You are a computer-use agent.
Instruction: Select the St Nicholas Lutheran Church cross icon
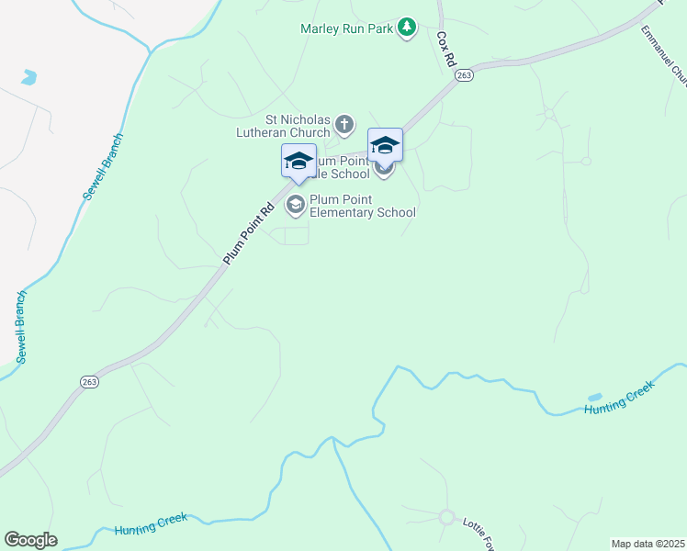(343, 124)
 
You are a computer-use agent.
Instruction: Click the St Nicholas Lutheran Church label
(297, 125)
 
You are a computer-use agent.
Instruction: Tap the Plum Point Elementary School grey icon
(296, 205)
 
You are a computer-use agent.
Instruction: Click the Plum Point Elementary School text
(363, 206)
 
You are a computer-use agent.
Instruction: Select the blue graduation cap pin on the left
(298, 162)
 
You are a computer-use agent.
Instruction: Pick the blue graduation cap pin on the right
(385, 145)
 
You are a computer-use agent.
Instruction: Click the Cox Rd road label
(445, 49)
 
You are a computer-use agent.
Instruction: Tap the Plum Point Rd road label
(249, 235)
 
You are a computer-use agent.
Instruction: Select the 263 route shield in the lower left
(89, 383)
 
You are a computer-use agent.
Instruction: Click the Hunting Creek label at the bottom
(151, 524)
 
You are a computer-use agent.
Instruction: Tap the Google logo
(30, 540)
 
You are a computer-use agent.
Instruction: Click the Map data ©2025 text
(648, 544)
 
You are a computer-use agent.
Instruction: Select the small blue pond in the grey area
(28, 77)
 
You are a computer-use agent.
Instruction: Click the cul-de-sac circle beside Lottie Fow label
(446, 517)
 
